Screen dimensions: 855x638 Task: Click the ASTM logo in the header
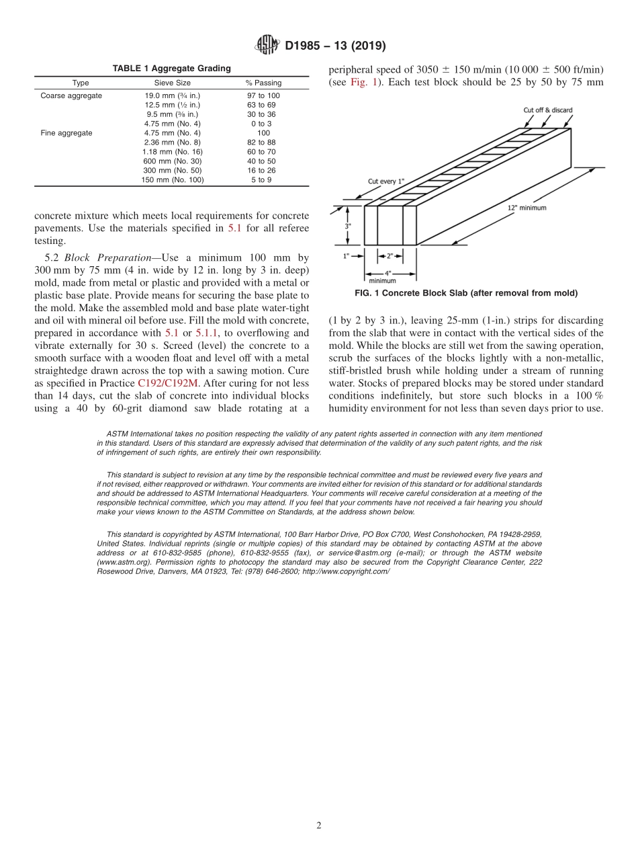267,46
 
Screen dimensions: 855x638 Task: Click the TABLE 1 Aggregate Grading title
171,69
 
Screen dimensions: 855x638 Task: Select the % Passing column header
263,83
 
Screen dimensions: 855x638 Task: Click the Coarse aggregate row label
71,95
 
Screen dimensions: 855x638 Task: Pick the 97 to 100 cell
263,95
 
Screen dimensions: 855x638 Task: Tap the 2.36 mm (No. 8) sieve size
172,142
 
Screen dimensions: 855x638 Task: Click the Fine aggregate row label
66,133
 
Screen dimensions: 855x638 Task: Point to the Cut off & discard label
548,110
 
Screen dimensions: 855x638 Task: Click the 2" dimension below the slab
390,256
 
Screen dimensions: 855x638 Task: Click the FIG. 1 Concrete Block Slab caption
466,293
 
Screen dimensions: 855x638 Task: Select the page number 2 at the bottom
319,826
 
